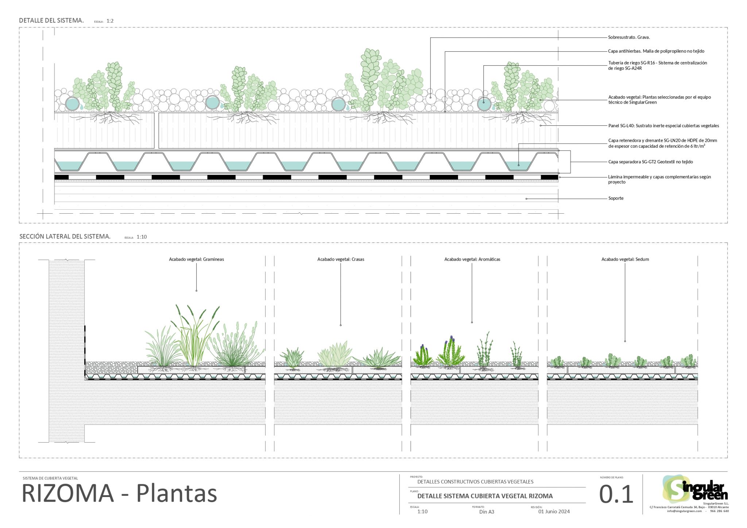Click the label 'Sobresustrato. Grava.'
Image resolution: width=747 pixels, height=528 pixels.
pos(629,37)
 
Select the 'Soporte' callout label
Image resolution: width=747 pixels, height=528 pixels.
pos(616,198)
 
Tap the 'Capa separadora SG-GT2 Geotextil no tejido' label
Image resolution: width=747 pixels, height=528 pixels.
pos(650,162)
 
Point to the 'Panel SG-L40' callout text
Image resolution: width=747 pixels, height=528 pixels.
pos(663,126)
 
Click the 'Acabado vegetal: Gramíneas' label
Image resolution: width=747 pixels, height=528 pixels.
pos(196,259)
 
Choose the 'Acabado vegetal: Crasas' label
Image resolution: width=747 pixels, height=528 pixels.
pos(341,259)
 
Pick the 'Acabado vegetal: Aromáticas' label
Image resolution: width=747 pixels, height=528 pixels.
pos(472,259)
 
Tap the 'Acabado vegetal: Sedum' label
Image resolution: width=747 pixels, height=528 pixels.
pos(625,259)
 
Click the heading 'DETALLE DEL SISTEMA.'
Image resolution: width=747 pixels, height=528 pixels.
pos(51,20)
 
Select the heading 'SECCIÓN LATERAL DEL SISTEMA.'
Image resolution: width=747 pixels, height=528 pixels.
pos(65,236)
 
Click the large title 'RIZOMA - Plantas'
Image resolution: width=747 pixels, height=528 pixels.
pos(119,494)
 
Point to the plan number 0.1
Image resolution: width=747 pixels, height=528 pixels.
pos(616,495)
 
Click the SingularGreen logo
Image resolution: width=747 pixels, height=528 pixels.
pos(695,489)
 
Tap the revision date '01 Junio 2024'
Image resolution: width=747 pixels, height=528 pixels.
pos(554,512)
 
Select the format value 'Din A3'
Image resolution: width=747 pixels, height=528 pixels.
pos(487,512)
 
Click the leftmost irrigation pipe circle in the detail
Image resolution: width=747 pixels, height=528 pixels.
pos(72,104)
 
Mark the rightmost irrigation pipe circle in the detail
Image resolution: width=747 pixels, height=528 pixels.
pos(484,104)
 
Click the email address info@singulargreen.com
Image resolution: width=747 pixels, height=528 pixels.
pos(684,511)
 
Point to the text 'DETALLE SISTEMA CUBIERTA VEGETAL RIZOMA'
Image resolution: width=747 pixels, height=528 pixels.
pos(485,496)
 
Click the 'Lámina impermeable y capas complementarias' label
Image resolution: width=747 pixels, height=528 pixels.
pos(659,179)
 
